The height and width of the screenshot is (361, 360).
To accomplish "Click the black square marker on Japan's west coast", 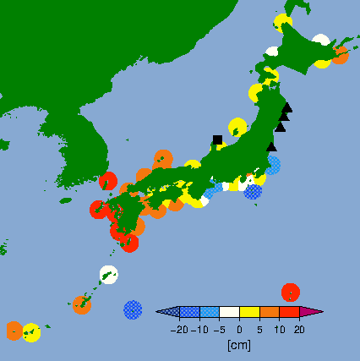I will click(x=217, y=139).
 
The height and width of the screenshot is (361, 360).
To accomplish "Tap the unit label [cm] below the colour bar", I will click(x=239, y=345).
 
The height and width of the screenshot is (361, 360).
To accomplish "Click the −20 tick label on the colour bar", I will click(x=178, y=330).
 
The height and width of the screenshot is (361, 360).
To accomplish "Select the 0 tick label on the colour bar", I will click(x=239, y=330).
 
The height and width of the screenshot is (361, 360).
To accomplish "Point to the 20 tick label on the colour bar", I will click(x=299, y=330).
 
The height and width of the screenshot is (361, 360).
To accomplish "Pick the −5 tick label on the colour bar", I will click(x=219, y=330).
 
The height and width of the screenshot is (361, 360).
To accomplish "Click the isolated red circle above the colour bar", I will click(x=290, y=292).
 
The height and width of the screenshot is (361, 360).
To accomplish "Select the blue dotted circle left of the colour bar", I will click(x=133, y=309).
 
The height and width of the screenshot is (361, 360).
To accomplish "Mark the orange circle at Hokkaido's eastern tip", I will click(x=340, y=55).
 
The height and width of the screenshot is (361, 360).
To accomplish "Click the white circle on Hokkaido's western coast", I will click(x=271, y=52).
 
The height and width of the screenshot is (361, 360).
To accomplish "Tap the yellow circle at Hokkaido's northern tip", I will click(x=283, y=22).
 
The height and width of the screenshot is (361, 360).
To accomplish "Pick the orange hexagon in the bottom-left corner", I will click(x=14, y=331).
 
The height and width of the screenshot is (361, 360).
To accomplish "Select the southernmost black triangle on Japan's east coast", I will click(x=271, y=146).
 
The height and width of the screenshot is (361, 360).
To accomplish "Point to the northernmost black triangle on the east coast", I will click(x=287, y=107).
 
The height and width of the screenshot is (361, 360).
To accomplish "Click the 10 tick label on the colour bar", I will click(x=279, y=330).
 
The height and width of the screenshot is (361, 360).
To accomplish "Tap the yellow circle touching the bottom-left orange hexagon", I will click(x=32, y=332).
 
